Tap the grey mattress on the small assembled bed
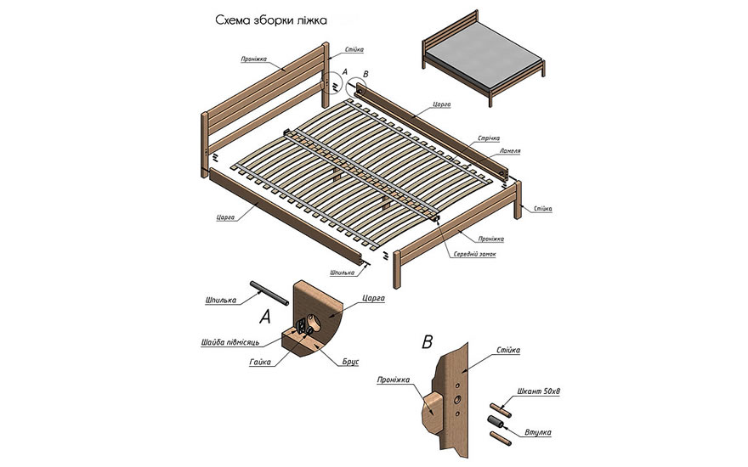480,58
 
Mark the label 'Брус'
349,362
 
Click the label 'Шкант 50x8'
535,392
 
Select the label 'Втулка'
537,432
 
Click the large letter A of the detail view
264,318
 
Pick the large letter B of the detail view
427,343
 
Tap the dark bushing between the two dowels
496,422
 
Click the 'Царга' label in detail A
374,299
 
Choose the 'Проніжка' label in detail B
394,380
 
